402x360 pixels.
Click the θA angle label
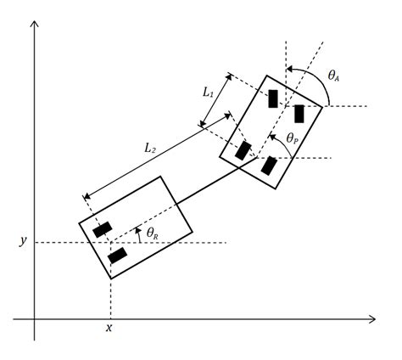[333, 76]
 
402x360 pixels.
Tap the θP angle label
[293, 138]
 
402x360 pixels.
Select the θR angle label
[153, 233]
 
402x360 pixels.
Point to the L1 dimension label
[208, 93]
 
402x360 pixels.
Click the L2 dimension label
[150, 148]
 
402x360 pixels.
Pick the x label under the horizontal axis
[109, 328]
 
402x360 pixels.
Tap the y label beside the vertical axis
[23, 241]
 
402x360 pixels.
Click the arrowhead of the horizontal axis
[372, 319]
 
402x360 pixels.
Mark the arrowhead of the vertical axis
[34, 24]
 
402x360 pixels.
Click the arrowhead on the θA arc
[289, 69]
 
